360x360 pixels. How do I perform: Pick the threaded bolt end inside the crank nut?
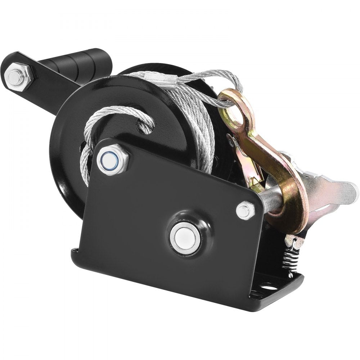[15, 76]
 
